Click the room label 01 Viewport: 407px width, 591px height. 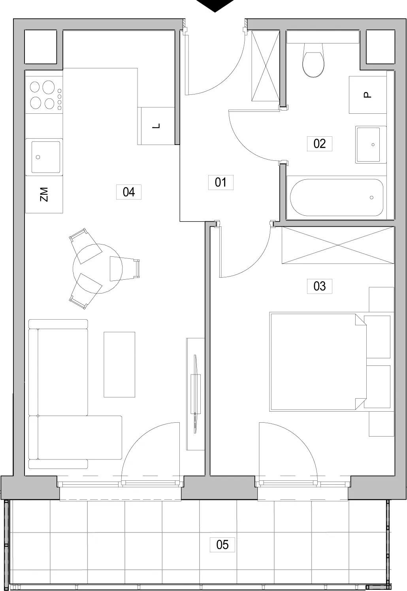[220, 182]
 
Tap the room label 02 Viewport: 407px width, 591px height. [319, 143]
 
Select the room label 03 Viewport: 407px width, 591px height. [319, 286]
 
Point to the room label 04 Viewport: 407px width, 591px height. [129, 192]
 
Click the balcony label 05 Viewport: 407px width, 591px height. [222, 544]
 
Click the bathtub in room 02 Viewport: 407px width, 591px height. [337, 198]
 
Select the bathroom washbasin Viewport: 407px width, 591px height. [371, 145]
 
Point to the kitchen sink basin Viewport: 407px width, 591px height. [46, 157]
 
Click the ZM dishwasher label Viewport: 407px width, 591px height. [44, 194]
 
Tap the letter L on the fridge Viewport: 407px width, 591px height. [157, 126]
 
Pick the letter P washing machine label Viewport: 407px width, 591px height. [367, 95]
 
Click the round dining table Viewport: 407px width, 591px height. [98, 268]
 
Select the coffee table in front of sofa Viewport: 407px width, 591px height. [119, 364]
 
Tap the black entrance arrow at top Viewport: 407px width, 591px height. [215, 5]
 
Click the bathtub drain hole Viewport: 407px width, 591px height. [371, 198]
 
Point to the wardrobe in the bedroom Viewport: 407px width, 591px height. [338, 245]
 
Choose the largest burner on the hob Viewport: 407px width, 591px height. [49, 87]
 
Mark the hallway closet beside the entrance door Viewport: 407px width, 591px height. [265, 66]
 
